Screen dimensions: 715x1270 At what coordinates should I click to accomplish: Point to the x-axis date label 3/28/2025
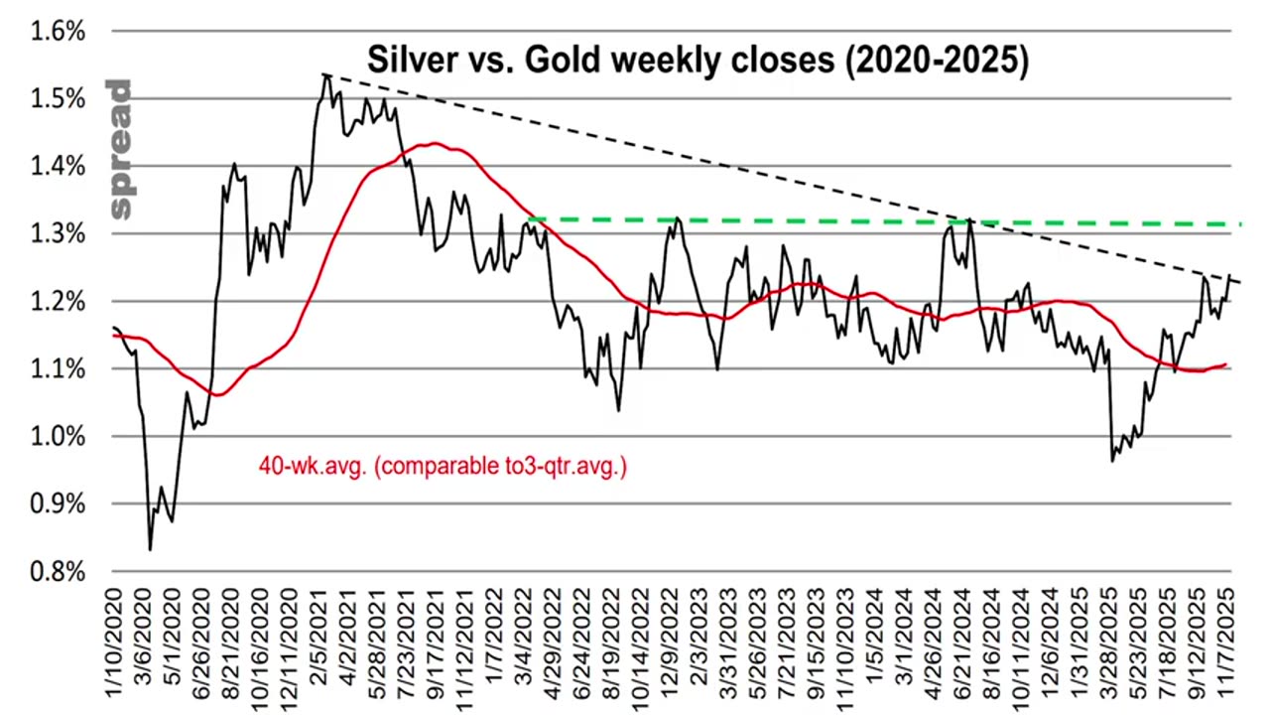click(x=1113, y=641)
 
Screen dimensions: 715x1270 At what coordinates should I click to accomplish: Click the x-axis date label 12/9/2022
click(x=675, y=641)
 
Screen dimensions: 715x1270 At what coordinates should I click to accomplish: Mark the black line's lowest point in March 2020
click(x=150, y=549)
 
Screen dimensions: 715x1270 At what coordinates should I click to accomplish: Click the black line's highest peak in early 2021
click(x=325, y=74)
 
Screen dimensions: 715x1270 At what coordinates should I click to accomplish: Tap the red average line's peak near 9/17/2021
click(x=434, y=144)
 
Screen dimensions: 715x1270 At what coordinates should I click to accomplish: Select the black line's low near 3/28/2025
click(x=1112, y=461)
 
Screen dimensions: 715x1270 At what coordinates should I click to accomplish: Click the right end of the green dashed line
click(x=1240, y=224)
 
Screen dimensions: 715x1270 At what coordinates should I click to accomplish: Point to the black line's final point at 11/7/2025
click(x=1230, y=275)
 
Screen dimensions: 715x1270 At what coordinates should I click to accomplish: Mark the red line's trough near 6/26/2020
click(x=217, y=395)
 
